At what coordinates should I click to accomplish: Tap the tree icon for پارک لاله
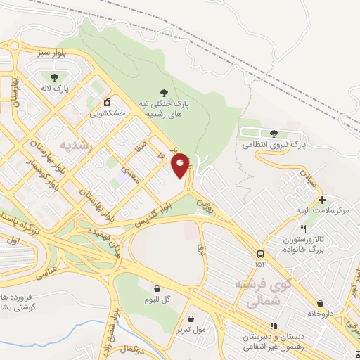55,77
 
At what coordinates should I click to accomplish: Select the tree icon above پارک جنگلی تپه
164,92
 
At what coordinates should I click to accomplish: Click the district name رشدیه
76,146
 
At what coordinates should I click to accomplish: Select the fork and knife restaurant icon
303,229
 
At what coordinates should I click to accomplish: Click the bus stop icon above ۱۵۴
261,254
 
